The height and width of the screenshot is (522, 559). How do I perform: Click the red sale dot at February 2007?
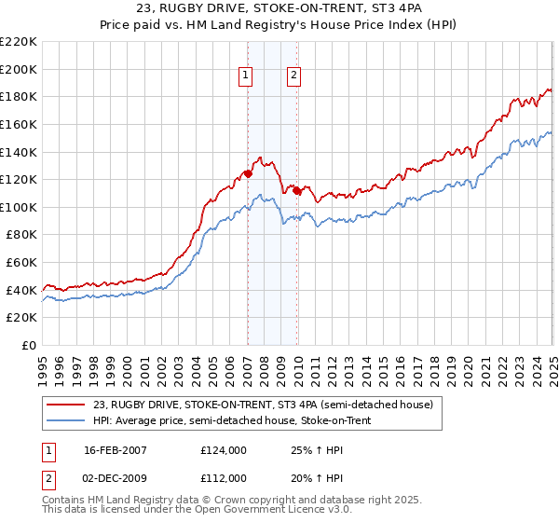248,173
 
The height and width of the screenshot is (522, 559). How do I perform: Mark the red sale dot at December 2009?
296,190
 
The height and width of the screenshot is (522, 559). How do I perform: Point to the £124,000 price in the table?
223,450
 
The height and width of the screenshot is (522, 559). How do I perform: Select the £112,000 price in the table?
223,478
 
